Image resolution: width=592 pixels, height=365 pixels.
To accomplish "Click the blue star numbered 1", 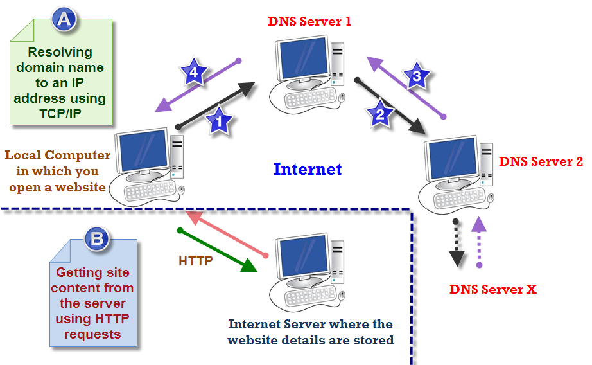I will click(218, 120).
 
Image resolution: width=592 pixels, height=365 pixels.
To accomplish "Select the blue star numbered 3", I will click(417, 78).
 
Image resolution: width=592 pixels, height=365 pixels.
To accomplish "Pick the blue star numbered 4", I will click(193, 74).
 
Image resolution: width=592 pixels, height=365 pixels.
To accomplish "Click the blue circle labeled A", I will click(64, 20).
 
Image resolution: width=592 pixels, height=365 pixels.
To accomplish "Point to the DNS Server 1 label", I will click(309, 22).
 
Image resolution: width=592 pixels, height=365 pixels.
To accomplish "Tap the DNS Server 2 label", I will click(541, 161).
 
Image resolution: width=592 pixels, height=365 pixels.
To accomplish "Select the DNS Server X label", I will click(492, 289).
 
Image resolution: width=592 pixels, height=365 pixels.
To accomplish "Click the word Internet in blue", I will click(308, 170).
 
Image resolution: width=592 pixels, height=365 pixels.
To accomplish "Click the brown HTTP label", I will click(196, 262).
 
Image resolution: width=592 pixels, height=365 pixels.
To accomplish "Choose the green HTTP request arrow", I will click(218, 251).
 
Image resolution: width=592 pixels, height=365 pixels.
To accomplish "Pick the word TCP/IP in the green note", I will click(60, 114).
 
